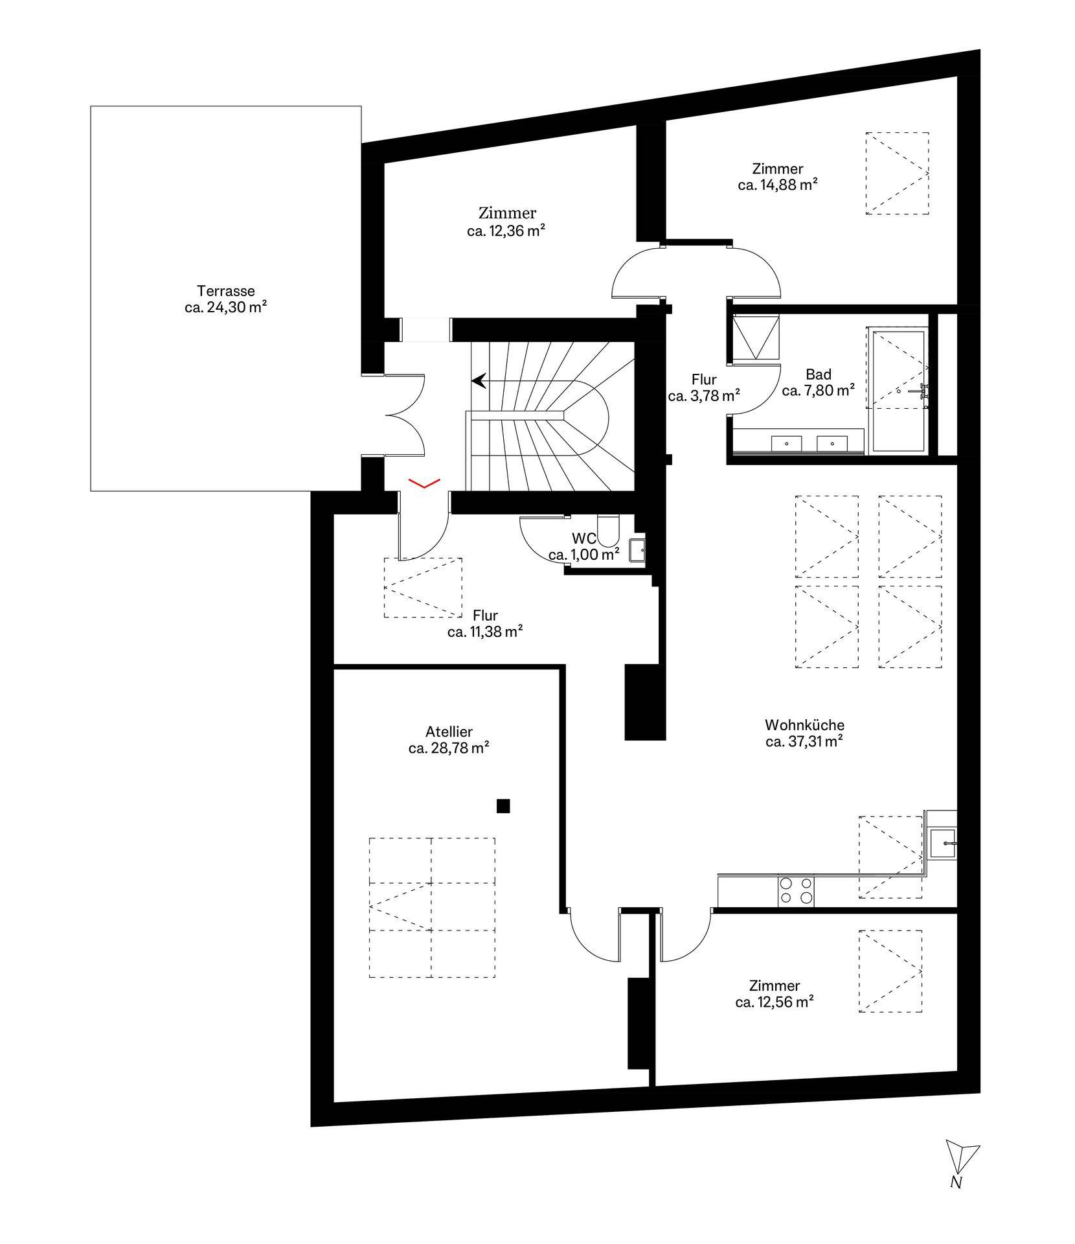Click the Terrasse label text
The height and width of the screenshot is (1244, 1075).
pos(226,292)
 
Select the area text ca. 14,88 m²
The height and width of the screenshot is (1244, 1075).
pos(777,185)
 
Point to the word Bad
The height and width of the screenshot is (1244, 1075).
pos(819,374)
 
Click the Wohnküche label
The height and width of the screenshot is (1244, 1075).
pos(804,725)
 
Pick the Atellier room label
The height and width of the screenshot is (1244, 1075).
pos(449,731)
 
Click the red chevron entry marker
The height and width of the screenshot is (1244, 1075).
pos(424,483)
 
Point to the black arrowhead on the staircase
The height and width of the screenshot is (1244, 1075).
pos(479,381)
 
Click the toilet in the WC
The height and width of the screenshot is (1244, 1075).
pos(609,529)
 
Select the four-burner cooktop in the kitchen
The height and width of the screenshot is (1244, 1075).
pos(797,890)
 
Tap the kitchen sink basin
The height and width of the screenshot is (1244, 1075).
pos(942,843)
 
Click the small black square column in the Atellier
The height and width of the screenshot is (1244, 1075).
pos(503,806)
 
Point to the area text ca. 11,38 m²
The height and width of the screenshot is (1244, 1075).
pos(485,632)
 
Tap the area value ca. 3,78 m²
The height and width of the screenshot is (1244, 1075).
pos(704,395)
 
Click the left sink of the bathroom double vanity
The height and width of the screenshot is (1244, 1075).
pos(786,444)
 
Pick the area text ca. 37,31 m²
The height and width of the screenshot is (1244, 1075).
pos(804,742)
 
